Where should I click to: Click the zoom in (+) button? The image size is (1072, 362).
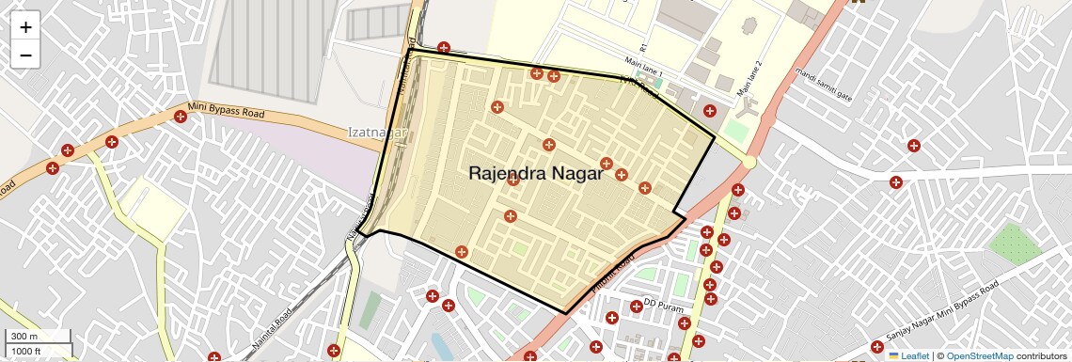point(25,27)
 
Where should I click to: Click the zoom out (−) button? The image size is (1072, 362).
point(25,55)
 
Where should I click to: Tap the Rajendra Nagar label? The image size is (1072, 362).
point(535,174)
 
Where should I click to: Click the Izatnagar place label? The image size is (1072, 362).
point(376,133)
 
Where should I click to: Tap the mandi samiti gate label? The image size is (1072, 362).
point(824,86)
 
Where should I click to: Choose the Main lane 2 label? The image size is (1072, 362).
point(749,79)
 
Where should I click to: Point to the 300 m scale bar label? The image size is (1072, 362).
point(25,337)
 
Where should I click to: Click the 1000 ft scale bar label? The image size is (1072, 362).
point(27,351)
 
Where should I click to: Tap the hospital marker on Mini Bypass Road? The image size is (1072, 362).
point(180,117)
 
